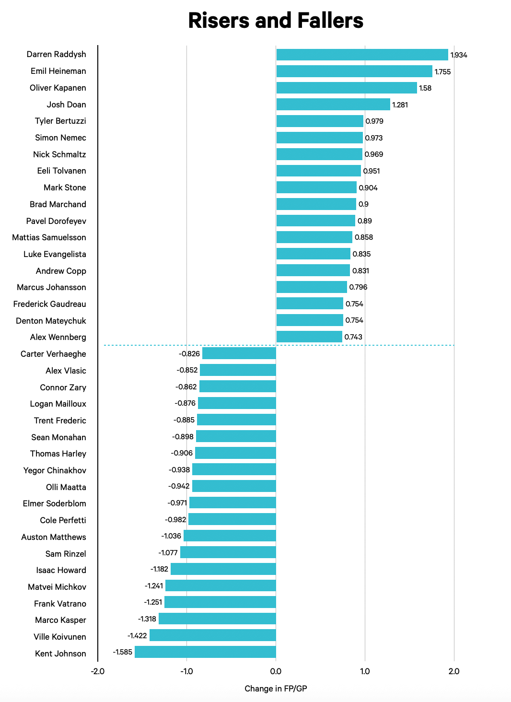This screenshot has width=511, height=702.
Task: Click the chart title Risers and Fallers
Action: click(276, 21)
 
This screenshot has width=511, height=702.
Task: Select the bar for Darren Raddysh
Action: click(362, 55)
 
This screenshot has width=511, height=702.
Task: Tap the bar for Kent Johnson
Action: click(205, 652)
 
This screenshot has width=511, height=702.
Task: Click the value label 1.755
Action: click(442, 72)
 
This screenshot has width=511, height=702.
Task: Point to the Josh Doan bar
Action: click(333, 105)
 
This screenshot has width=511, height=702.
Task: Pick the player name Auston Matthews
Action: click(54, 537)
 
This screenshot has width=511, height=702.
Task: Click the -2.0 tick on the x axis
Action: click(97, 671)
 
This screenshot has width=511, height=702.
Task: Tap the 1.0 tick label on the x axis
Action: click(365, 671)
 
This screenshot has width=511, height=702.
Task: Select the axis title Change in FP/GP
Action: click(276, 689)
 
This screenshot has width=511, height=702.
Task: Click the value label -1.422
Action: click(137, 636)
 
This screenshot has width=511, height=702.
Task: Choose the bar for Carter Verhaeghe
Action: click(239, 353)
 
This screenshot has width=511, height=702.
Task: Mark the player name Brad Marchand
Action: click(58, 204)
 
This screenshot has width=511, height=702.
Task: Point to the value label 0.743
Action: click(353, 337)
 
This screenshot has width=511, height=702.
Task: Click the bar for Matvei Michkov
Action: click(221, 586)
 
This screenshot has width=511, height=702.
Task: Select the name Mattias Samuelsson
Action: click(49, 237)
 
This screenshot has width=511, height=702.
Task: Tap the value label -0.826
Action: click(189, 354)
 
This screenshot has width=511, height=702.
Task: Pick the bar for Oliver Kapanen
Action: click(347, 88)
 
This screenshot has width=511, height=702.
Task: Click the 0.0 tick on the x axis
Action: click(276, 671)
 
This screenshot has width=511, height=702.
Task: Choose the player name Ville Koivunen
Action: click(60, 637)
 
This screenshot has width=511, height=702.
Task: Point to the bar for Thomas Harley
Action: click(235, 453)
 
